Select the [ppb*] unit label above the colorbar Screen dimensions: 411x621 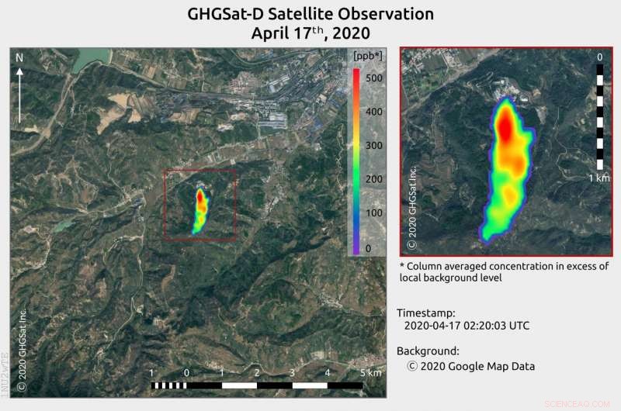[366, 57]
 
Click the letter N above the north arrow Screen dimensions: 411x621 [20, 59]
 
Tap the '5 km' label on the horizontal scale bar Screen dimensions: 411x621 [369, 373]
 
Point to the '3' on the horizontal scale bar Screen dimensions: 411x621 [292, 373]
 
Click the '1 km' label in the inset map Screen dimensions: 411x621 [598, 178]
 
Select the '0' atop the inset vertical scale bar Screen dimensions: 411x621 [600, 57]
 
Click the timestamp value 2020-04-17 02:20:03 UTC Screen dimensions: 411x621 [467, 326]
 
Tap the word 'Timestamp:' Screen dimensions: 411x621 [428, 313]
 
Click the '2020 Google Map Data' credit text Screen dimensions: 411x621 [471, 366]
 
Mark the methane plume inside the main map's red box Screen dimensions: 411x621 [200, 209]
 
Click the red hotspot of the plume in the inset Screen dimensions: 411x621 [506, 128]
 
